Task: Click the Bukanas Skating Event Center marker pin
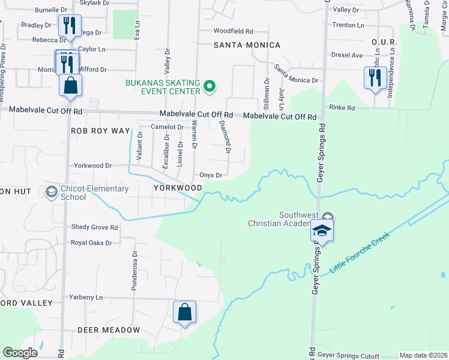209,87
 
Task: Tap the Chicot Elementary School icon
51,192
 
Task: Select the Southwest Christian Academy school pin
321,231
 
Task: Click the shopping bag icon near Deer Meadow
184,313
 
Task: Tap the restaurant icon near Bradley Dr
69,26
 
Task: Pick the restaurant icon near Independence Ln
375,78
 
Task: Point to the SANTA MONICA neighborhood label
247,45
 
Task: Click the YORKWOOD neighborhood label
177,188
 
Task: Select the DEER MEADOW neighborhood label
108,330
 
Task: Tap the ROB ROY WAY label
101,130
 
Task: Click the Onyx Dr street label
211,176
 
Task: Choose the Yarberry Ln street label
86,297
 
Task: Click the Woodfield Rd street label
234,31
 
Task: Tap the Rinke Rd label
342,107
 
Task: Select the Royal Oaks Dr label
91,243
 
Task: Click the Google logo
20,353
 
